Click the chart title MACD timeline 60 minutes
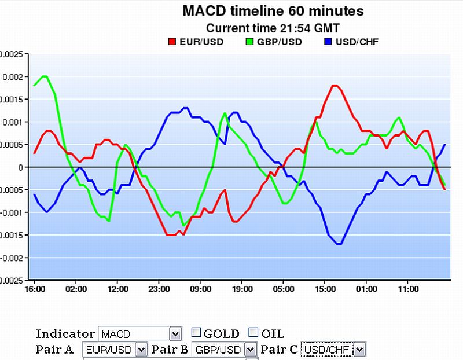273,10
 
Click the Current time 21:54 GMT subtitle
273,28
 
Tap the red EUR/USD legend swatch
171,42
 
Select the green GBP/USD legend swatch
250,42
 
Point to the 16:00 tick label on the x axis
35,288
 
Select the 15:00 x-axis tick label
325,288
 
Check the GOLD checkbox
196,332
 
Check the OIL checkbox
253,332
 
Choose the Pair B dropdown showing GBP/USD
224,350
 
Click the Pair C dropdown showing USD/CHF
333,350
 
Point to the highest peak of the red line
335,86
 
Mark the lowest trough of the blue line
339,244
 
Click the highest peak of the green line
44,76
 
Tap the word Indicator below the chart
65,333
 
